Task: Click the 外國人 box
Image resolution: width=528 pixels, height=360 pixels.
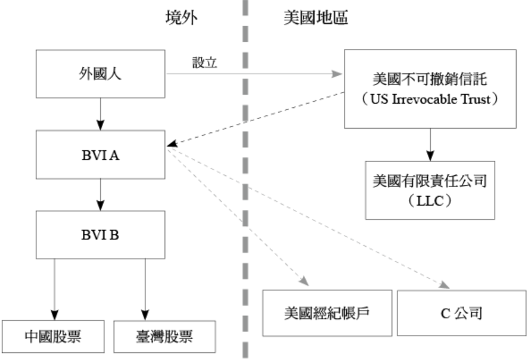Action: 100,75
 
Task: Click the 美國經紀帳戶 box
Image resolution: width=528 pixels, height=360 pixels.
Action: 327,312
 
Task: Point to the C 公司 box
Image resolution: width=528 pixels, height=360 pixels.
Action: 457,312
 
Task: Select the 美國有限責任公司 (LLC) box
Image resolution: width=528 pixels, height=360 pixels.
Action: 429,189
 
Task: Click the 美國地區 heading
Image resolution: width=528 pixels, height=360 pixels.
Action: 315,18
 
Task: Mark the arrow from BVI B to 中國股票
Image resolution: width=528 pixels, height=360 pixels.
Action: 55,287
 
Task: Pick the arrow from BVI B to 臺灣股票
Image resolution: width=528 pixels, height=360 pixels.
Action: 144,287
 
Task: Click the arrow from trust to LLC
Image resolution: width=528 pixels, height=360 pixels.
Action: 429,144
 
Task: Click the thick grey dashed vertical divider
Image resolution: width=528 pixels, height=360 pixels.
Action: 244,179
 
